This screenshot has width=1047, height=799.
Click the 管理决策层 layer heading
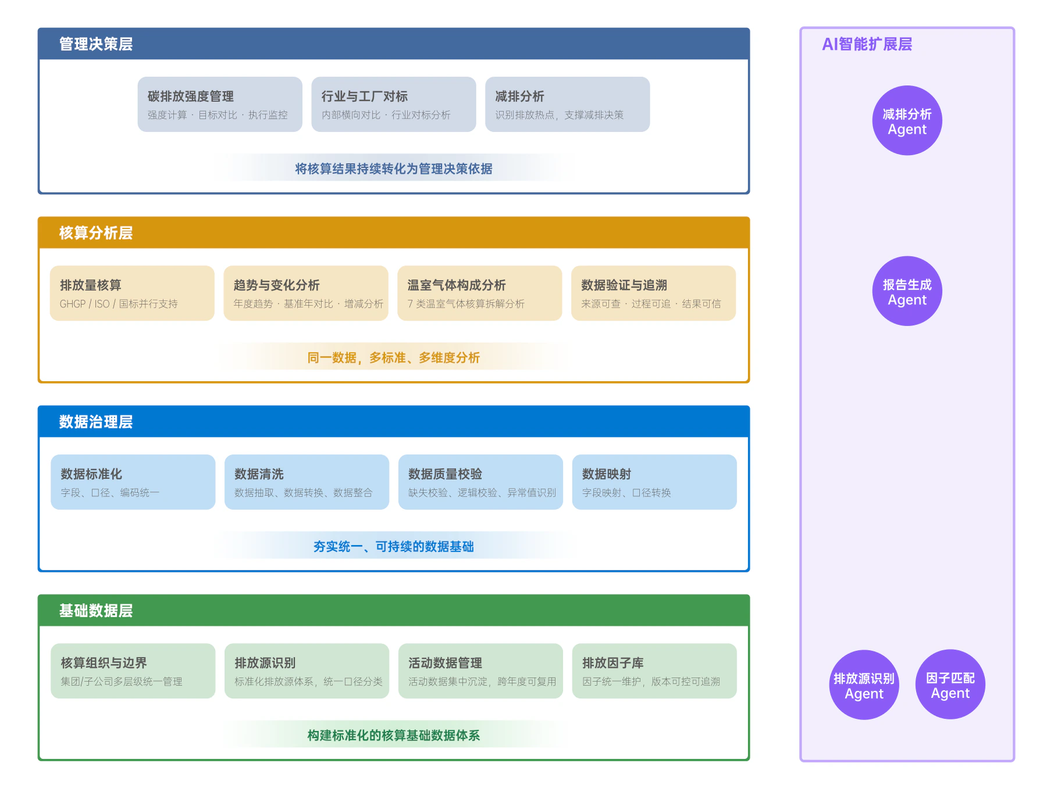96,44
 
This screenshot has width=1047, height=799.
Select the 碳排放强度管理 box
220,105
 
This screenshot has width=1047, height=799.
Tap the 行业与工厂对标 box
394,105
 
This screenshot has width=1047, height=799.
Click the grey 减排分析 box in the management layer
568,105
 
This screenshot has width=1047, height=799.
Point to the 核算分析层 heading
96,233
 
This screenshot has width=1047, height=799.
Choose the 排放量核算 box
132,293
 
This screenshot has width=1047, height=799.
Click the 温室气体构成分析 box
480,293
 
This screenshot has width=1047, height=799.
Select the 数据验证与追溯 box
654,293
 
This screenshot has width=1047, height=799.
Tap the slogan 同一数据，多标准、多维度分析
394,358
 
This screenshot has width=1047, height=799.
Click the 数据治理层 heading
96,422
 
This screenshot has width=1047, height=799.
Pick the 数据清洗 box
307,482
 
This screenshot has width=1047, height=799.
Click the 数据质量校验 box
481,482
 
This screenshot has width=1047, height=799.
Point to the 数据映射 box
654,482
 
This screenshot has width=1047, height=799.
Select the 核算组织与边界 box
133,671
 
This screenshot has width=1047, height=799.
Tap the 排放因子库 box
654,671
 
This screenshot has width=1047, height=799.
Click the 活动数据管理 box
481,671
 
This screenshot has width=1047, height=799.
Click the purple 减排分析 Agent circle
907,121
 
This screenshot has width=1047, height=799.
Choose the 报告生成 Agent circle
907,291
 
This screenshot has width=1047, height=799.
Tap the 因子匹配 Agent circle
950,685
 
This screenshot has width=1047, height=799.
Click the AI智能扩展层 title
867,44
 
